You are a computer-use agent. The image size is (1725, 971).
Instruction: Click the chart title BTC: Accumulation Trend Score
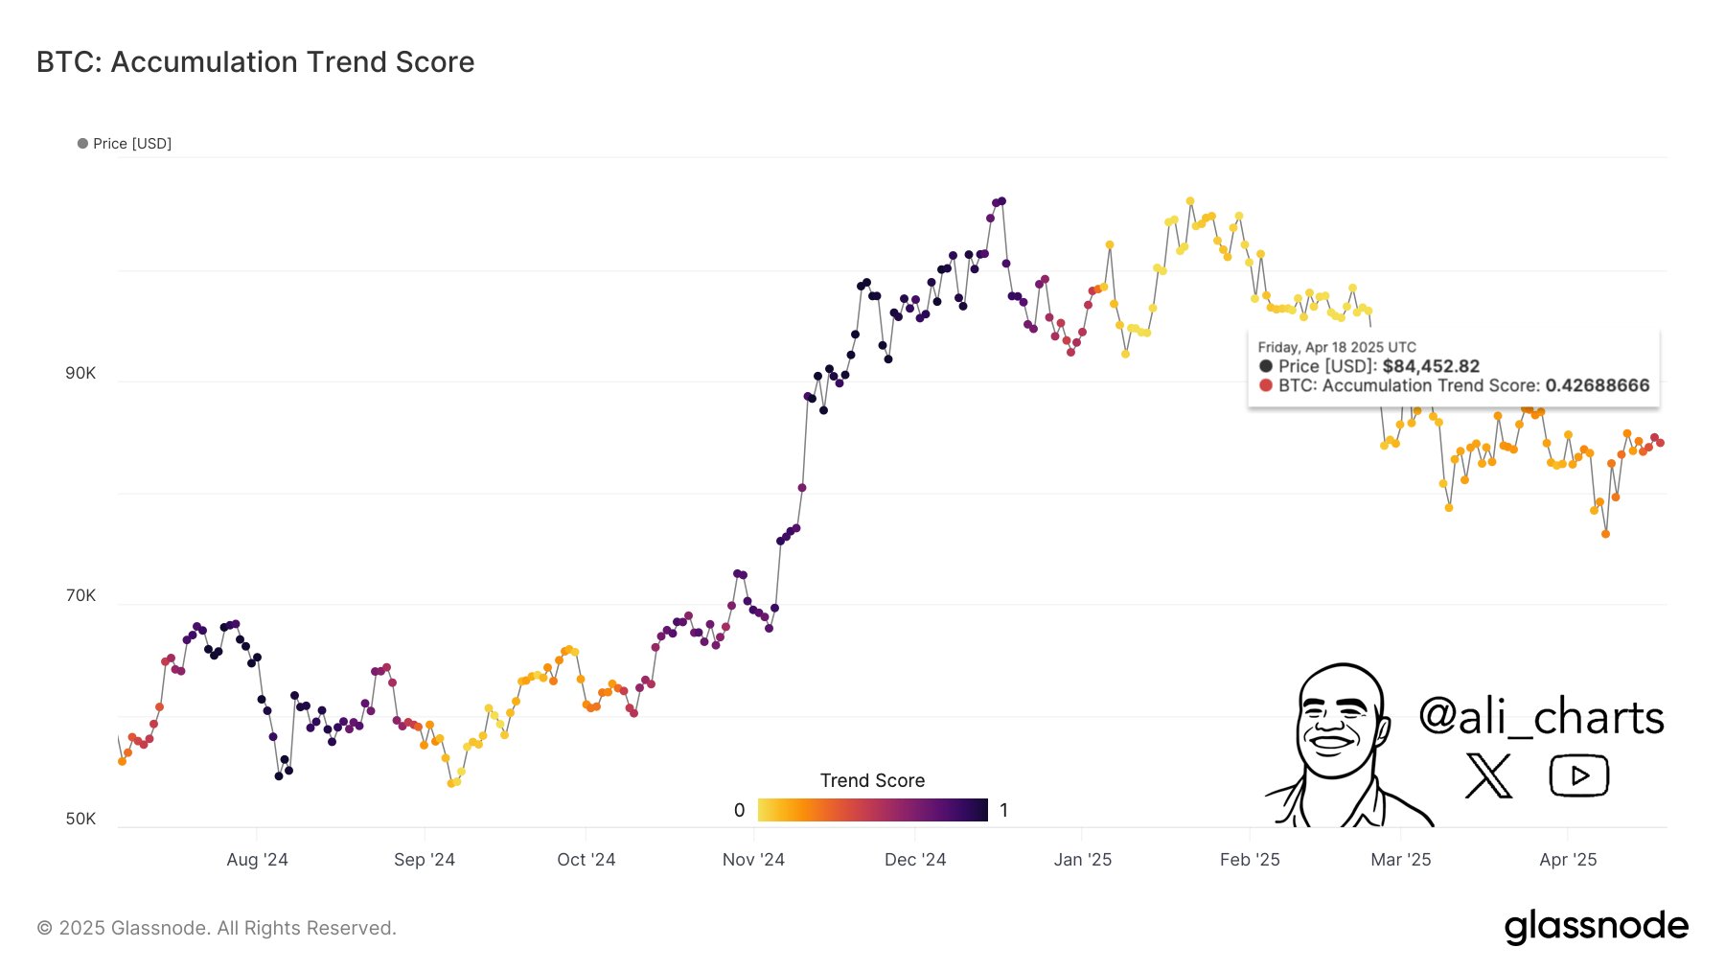point(255,62)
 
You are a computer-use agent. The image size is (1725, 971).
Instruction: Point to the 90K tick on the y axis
point(80,373)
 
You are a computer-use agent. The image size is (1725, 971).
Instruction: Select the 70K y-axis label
point(80,595)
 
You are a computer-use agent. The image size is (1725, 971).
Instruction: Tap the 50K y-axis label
point(80,819)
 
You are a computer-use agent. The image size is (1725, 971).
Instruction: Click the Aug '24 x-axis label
point(257,860)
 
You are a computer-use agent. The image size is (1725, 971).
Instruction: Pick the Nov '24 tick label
point(753,860)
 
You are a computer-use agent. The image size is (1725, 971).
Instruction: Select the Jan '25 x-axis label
point(1082,860)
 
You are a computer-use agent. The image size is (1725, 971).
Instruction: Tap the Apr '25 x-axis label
point(1568,860)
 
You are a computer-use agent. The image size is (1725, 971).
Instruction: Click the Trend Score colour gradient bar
point(872,810)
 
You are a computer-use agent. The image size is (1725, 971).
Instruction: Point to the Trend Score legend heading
point(872,780)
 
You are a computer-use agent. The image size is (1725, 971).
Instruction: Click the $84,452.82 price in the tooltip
point(1431,366)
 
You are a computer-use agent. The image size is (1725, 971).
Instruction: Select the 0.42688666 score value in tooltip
point(1597,385)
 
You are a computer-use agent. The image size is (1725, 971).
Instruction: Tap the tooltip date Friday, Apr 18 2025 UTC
point(1336,347)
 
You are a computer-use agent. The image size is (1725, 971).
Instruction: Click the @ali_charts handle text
point(1541,717)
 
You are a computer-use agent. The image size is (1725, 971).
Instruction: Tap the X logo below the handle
point(1488,775)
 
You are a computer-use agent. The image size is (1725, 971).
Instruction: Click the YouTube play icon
point(1578,775)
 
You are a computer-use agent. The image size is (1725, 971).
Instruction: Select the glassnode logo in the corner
point(1596,926)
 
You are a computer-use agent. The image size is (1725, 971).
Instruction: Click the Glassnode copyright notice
point(217,928)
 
